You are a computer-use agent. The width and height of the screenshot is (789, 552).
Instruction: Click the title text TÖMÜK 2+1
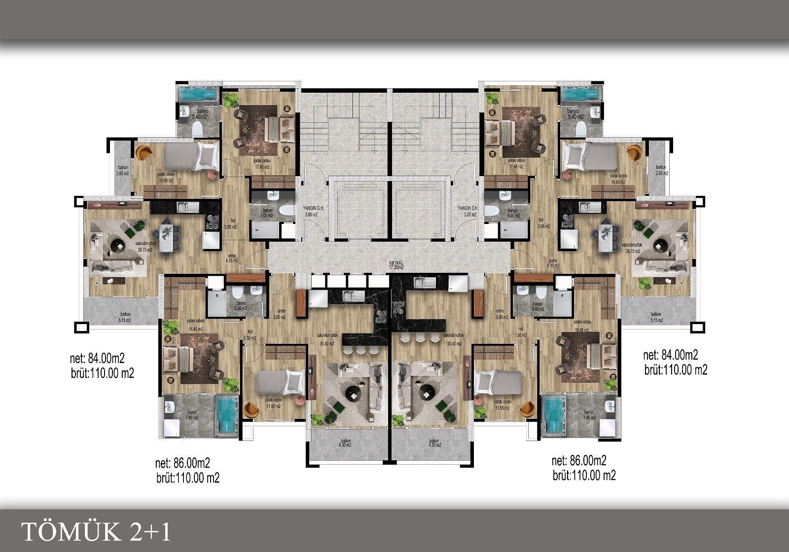pyautogui.click(x=97, y=532)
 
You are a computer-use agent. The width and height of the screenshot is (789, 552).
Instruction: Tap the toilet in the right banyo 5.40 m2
pyautogui.click(x=581, y=129)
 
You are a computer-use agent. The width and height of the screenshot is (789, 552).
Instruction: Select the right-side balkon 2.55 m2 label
pyautogui.click(x=660, y=170)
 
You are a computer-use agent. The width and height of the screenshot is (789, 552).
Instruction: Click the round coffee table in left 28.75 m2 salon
pyautogui.click(x=119, y=244)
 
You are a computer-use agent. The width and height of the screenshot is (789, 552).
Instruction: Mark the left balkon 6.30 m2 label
pyautogui.click(x=345, y=443)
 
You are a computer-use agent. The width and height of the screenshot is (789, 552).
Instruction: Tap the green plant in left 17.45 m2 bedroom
pyautogui.click(x=230, y=100)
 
